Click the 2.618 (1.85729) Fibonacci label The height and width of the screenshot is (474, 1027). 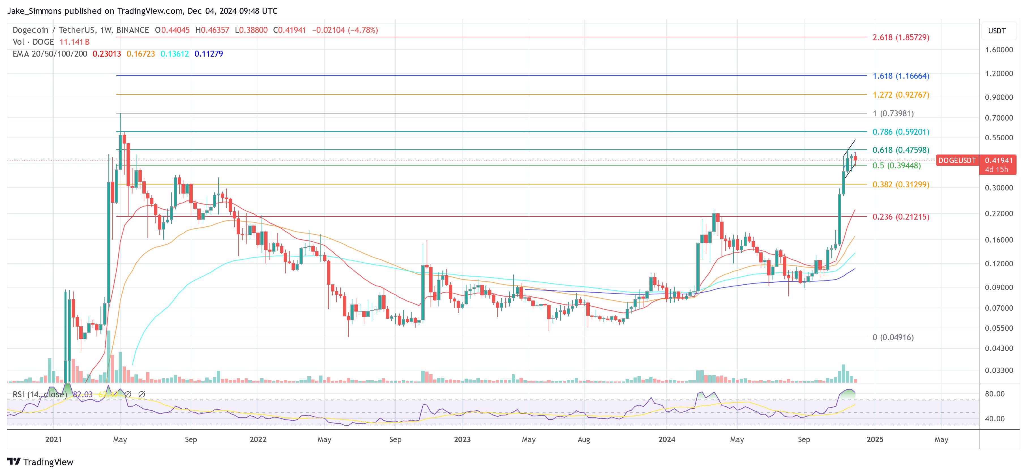pos(901,37)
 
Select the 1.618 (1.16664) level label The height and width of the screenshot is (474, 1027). pos(901,76)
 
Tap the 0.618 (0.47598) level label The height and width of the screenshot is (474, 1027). pos(901,150)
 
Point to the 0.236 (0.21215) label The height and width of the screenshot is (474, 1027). pos(901,217)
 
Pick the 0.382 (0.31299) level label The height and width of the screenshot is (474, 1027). pos(901,185)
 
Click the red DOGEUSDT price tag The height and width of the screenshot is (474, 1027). pos(957,160)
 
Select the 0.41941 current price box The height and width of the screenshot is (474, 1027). pos(998,160)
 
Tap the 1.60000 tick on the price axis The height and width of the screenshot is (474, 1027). pos(999,50)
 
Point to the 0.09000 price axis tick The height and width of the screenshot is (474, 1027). pos(999,288)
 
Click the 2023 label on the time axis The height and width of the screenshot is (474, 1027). pos(462,439)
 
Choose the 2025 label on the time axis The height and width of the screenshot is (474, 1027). pos(875,439)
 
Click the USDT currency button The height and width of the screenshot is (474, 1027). pos(997,31)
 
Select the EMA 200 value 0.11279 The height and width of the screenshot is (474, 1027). pos(209,54)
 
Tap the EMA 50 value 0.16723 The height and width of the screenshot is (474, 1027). pos(141,54)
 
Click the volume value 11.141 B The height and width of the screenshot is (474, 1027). pos(74,42)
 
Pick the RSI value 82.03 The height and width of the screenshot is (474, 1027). pos(83,394)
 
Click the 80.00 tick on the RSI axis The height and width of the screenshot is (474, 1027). pos(994,394)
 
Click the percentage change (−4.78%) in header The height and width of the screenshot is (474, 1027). pos(363,30)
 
